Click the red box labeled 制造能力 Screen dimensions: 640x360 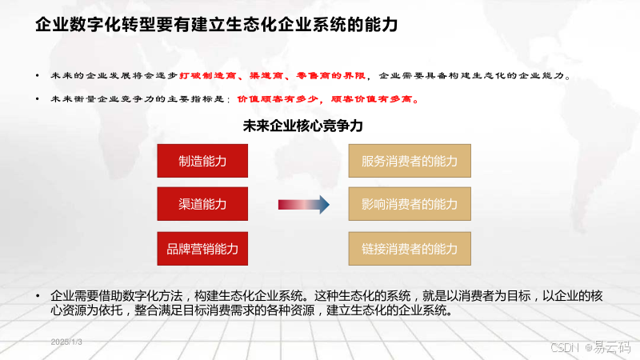click(x=202, y=161)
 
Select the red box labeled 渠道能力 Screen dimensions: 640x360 click(x=202, y=205)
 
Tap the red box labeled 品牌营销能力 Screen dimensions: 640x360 click(x=202, y=249)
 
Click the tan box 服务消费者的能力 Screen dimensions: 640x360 click(x=410, y=161)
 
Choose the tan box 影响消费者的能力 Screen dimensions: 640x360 click(x=410, y=205)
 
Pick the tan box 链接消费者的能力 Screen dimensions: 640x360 click(x=410, y=249)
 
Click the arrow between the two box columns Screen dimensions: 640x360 click(x=304, y=206)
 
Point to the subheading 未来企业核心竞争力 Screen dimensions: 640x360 click(x=303, y=126)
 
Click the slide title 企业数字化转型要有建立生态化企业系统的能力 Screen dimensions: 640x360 click(x=216, y=26)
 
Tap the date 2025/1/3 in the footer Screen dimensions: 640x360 click(x=66, y=342)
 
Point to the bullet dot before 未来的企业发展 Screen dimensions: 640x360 click(x=38, y=75)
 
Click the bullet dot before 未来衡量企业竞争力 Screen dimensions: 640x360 click(x=38, y=99)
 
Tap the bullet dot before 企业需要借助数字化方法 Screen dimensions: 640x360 click(x=38, y=295)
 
